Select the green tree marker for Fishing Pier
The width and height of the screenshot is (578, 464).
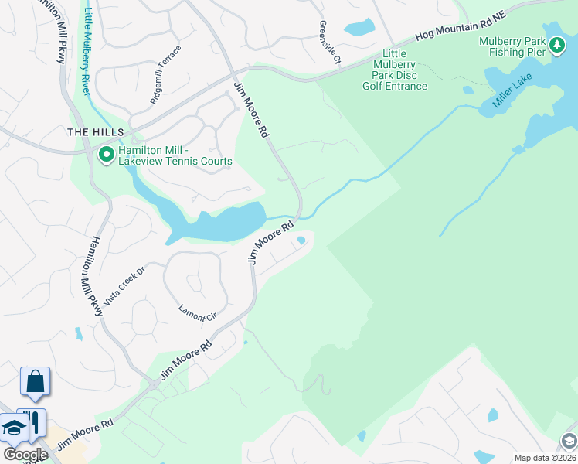pos(557,47)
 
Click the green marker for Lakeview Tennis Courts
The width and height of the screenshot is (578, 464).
pos(106,155)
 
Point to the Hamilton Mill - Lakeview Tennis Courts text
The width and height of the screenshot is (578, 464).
pos(175,155)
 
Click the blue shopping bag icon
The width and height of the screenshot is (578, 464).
pos(35,381)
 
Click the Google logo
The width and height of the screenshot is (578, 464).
pos(25,455)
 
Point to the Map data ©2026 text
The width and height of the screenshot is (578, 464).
pos(546,458)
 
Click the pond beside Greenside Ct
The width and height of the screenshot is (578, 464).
pos(359,28)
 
